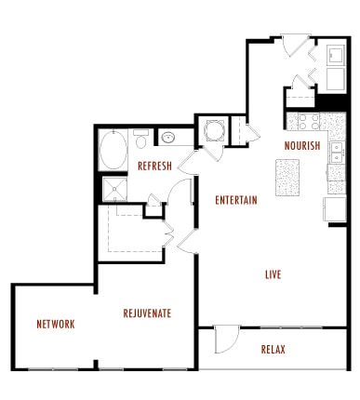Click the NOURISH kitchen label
[x=302, y=146]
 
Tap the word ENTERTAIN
[x=235, y=200]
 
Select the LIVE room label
[x=273, y=274]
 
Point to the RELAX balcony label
[x=273, y=350]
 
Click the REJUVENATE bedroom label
[x=147, y=313]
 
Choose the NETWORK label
[x=56, y=325]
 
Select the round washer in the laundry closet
[x=211, y=130]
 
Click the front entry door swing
[x=297, y=44]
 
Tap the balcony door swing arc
[x=227, y=340]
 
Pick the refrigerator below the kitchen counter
[x=334, y=208]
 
